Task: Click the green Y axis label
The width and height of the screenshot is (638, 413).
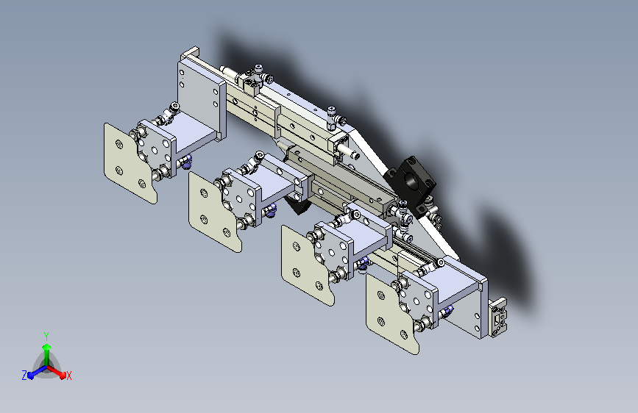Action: tap(46, 336)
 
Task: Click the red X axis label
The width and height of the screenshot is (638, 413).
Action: tap(68, 376)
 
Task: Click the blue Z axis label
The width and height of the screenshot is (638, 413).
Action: tap(24, 376)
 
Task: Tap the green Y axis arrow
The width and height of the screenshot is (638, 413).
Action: tap(47, 355)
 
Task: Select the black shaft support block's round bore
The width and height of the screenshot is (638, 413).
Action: tap(410, 179)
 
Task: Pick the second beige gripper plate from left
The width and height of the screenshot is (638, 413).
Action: tap(214, 212)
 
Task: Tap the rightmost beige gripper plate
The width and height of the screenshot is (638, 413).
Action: tap(391, 313)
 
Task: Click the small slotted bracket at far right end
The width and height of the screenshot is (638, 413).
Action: tap(498, 317)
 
